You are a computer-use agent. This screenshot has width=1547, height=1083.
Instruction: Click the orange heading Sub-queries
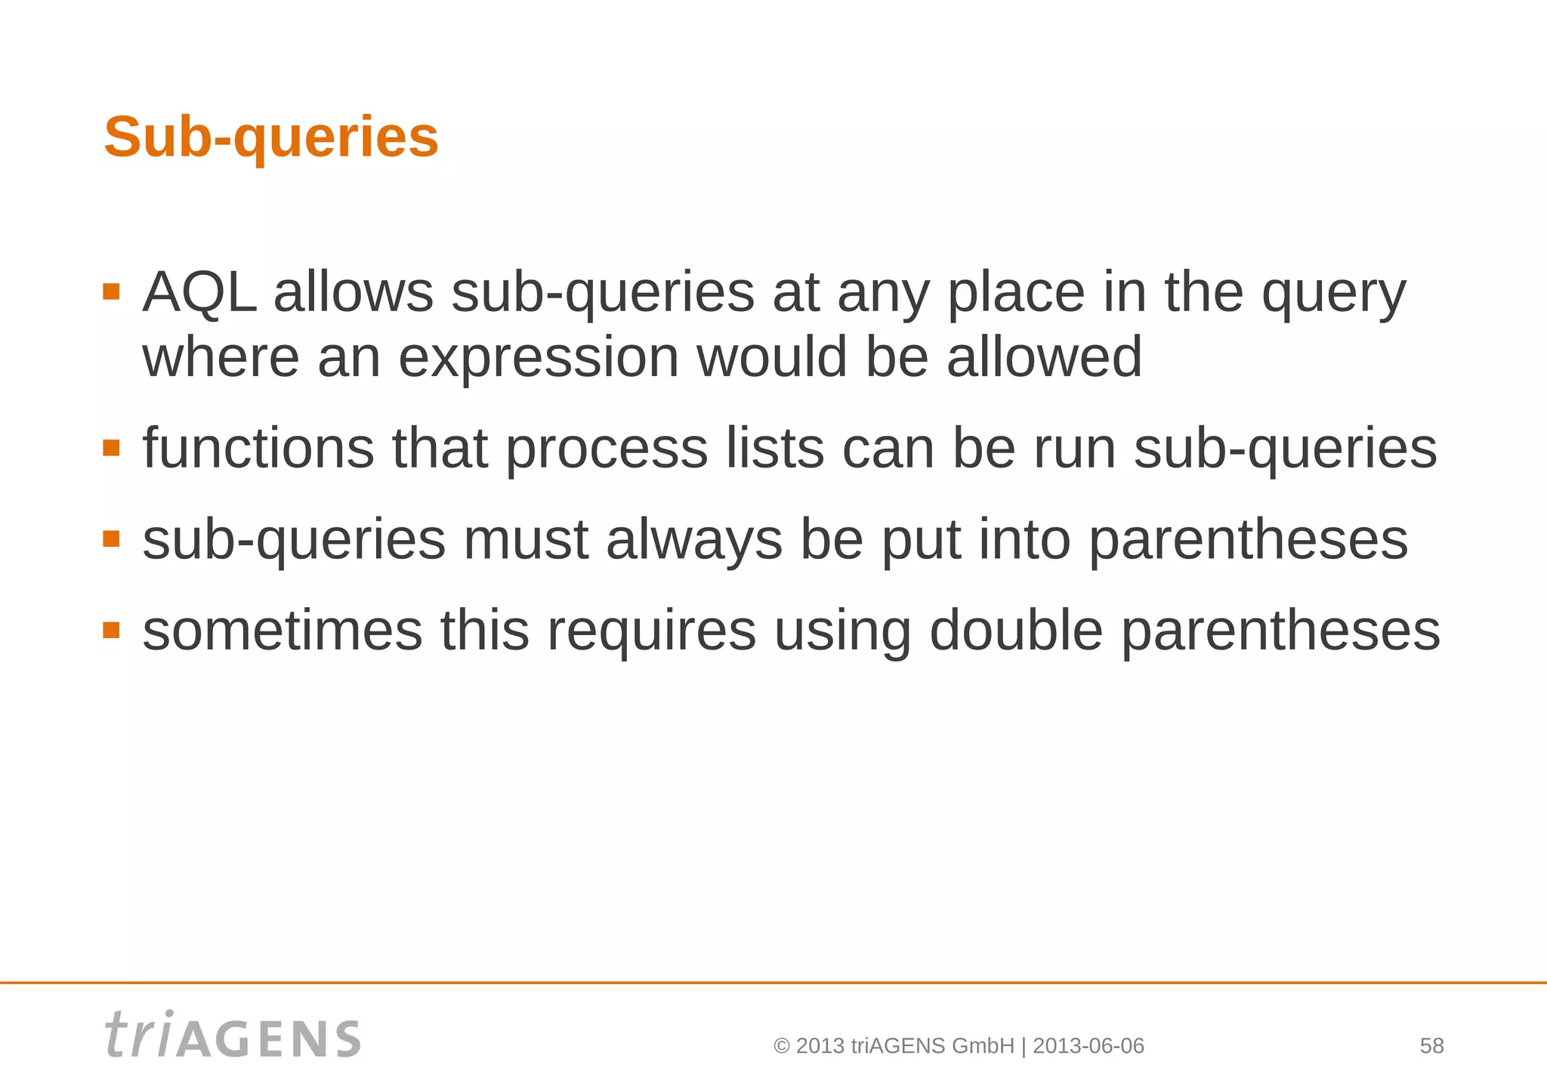[270, 137]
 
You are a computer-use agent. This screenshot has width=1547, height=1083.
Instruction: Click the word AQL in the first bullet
[199, 293]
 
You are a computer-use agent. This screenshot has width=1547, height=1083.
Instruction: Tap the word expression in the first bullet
[538, 358]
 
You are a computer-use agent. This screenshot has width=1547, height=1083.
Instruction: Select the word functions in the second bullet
[258, 449]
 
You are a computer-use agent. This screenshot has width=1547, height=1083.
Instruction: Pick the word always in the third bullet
[693, 541]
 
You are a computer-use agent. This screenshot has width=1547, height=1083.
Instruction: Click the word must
[526, 541]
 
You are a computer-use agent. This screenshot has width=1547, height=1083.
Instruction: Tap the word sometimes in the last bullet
[283, 631]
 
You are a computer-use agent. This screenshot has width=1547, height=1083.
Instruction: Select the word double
[1015, 631]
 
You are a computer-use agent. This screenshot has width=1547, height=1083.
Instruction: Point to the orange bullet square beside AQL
[111, 292]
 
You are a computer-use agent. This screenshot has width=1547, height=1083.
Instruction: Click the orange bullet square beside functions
[111, 448]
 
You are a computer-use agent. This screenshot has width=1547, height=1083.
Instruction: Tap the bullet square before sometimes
[111, 630]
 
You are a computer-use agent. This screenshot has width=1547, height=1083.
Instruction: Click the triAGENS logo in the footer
[233, 1035]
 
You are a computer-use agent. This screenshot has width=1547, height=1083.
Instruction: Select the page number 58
[1431, 1046]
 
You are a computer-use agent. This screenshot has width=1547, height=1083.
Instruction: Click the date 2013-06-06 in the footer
[1088, 1046]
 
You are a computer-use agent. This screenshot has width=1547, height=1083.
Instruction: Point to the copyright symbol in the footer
[782, 1047]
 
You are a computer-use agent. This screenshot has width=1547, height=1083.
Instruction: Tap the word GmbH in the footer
[983, 1046]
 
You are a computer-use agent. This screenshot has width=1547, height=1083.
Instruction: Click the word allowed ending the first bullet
[1044, 358]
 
